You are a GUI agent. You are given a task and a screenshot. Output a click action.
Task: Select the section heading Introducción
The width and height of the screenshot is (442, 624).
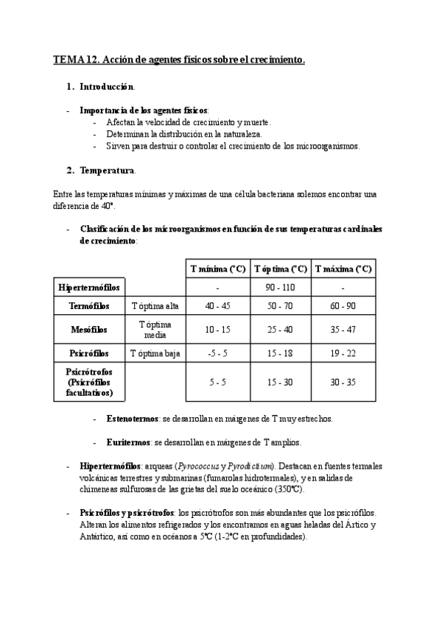click(x=107, y=87)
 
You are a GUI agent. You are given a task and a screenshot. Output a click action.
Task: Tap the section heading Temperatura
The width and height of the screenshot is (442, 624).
click(x=108, y=171)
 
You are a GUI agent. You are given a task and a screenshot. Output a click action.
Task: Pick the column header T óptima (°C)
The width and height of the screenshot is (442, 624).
click(x=280, y=269)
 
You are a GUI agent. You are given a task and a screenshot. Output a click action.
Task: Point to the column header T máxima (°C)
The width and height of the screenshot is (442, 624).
click(x=343, y=269)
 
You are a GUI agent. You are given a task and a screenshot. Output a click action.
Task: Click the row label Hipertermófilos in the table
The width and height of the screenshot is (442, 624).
click(x=89, y=287)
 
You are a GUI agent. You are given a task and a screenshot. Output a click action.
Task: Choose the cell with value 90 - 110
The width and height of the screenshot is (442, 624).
click(x=280, y=287)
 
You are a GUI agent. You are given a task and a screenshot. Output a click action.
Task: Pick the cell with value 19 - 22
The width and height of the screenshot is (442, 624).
click(x=343, y=354)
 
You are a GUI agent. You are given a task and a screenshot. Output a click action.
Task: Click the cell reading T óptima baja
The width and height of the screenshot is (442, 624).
click(x=155, y=354)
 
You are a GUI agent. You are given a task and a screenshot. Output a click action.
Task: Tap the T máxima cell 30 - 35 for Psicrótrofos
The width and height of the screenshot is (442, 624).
click(x=343, y=383)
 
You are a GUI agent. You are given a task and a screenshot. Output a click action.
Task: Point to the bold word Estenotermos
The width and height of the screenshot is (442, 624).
click(x=129, y=418)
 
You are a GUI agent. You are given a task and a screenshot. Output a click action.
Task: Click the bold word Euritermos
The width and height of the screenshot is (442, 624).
click(x=125, y=442)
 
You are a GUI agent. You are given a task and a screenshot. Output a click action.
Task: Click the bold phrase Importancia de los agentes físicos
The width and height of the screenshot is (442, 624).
click(x=144, y=110)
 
